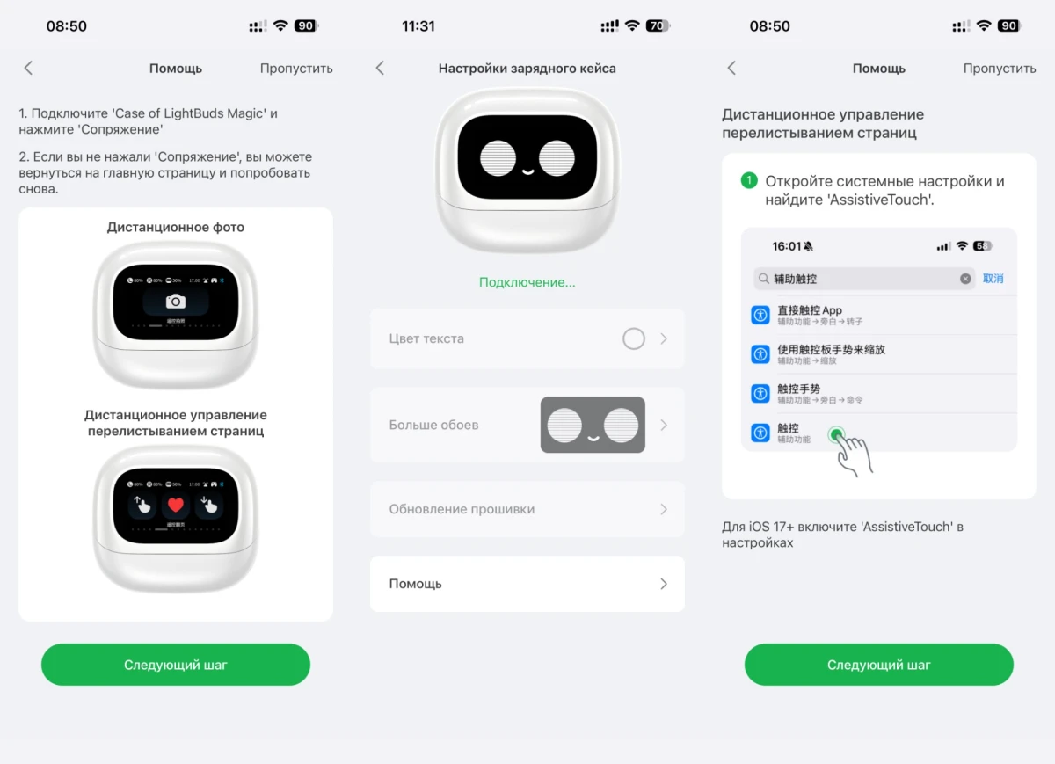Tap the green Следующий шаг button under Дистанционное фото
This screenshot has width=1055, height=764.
point(176,665)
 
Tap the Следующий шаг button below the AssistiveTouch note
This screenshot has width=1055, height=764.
point(879,665)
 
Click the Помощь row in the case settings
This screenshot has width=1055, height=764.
point(527,584)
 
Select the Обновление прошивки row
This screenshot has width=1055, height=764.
point(527,509)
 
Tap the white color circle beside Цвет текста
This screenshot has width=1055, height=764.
point(633,338)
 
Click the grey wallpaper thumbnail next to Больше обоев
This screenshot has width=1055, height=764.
point(592,426)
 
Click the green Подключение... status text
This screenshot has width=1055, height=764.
point(527,282)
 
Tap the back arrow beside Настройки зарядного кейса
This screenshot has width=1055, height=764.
point(380,68)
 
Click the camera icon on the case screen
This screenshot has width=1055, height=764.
point(176,302)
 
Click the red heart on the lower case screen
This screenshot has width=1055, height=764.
point(176,505)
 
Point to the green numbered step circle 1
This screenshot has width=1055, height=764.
point(749,181)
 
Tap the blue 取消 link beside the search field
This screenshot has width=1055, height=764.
point(993,279)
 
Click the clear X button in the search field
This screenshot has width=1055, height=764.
point(965,279)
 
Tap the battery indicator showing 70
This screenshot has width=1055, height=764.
point(657,26)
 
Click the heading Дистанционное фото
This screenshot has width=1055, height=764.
point(176,227)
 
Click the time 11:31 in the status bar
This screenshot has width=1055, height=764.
point(418,26)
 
